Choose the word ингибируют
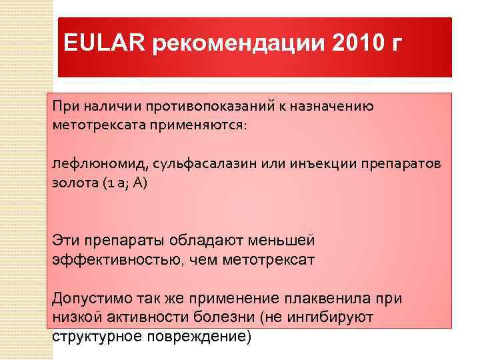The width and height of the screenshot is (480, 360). (x=333, y=317)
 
